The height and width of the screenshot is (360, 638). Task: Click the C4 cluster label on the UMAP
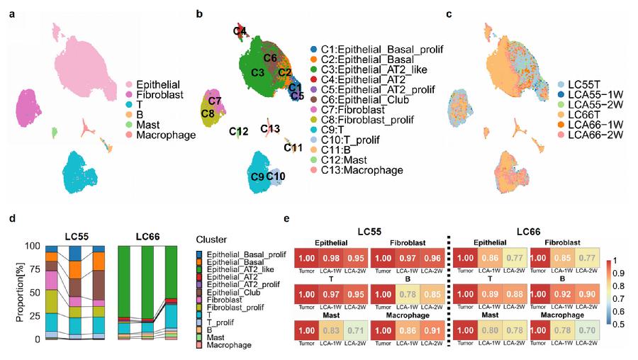(240, 31)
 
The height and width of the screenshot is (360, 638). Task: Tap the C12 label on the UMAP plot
(239, 131)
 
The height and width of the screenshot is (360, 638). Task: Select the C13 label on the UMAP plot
(270, 128)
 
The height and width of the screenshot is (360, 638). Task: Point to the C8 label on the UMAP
(208, 113)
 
